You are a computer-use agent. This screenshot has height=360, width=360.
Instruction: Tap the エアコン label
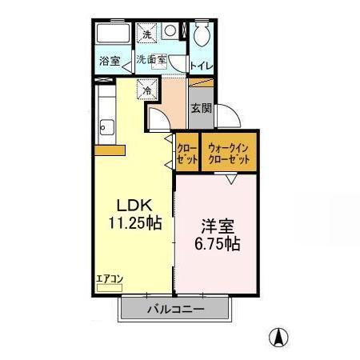coord(109,278)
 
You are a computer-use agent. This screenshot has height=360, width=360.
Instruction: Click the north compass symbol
coord(278,337)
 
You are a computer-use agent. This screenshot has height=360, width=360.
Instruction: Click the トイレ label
coord(201,65)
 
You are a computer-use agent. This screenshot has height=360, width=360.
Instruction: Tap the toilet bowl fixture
coord(201,34)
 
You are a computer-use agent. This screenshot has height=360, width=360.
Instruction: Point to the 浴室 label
coord(109,62)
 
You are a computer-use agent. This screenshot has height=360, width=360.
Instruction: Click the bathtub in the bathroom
coord(110,35)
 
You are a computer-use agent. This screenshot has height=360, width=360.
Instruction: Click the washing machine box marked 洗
coord(146,34)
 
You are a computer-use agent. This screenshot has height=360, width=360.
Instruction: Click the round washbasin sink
coord(170,31)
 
